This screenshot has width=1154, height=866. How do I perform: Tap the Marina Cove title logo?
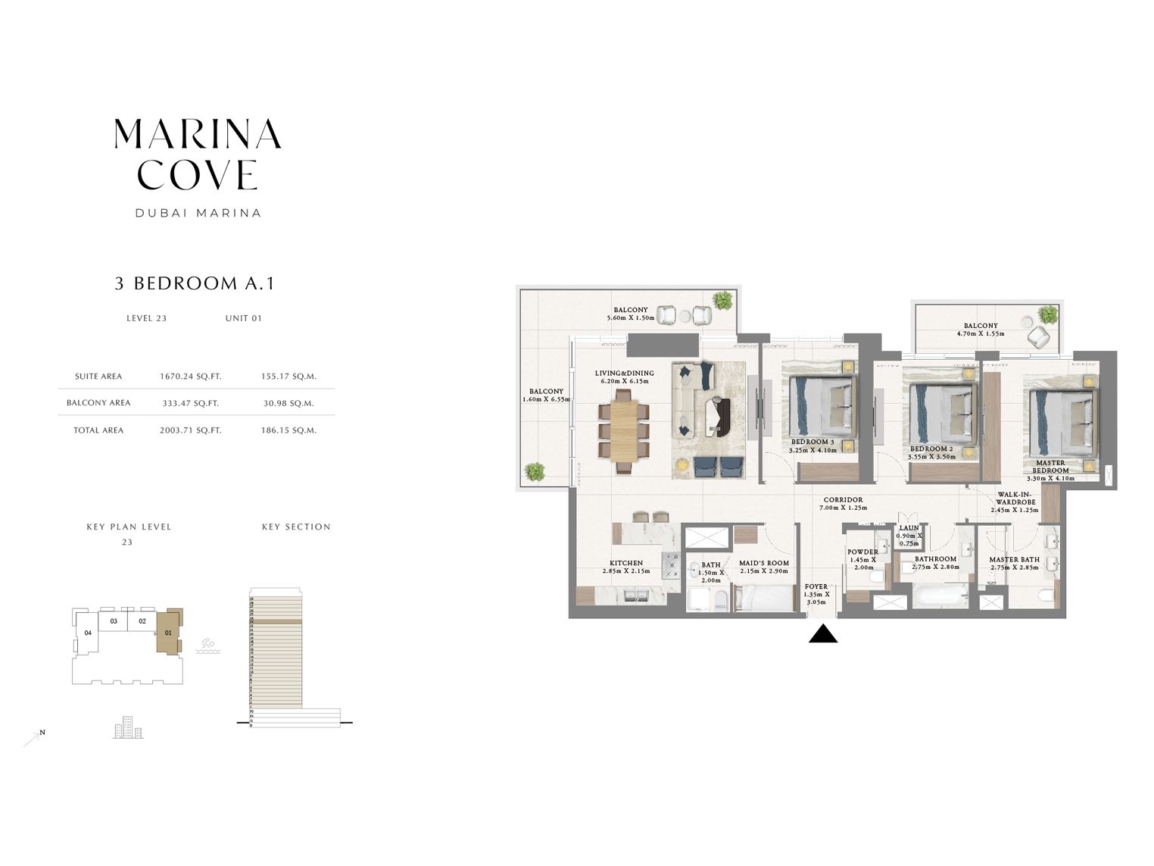(x=198, y=155)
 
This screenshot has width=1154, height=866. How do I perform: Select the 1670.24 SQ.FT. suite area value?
(x=189, y=377)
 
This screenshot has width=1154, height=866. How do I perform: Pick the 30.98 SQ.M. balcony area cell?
(x=288, y=403)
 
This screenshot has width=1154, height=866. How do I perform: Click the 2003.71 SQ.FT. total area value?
(x=190, y=430)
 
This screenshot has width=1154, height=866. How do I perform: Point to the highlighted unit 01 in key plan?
(x=168, y=631)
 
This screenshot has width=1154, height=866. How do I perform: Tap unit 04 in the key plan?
(x=88, y=633)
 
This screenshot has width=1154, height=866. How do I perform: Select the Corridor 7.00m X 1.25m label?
(x=842, y=504)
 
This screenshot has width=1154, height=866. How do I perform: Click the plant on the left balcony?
(x=535, y=471)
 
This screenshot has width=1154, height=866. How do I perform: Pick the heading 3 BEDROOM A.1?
(x=195, y=283)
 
